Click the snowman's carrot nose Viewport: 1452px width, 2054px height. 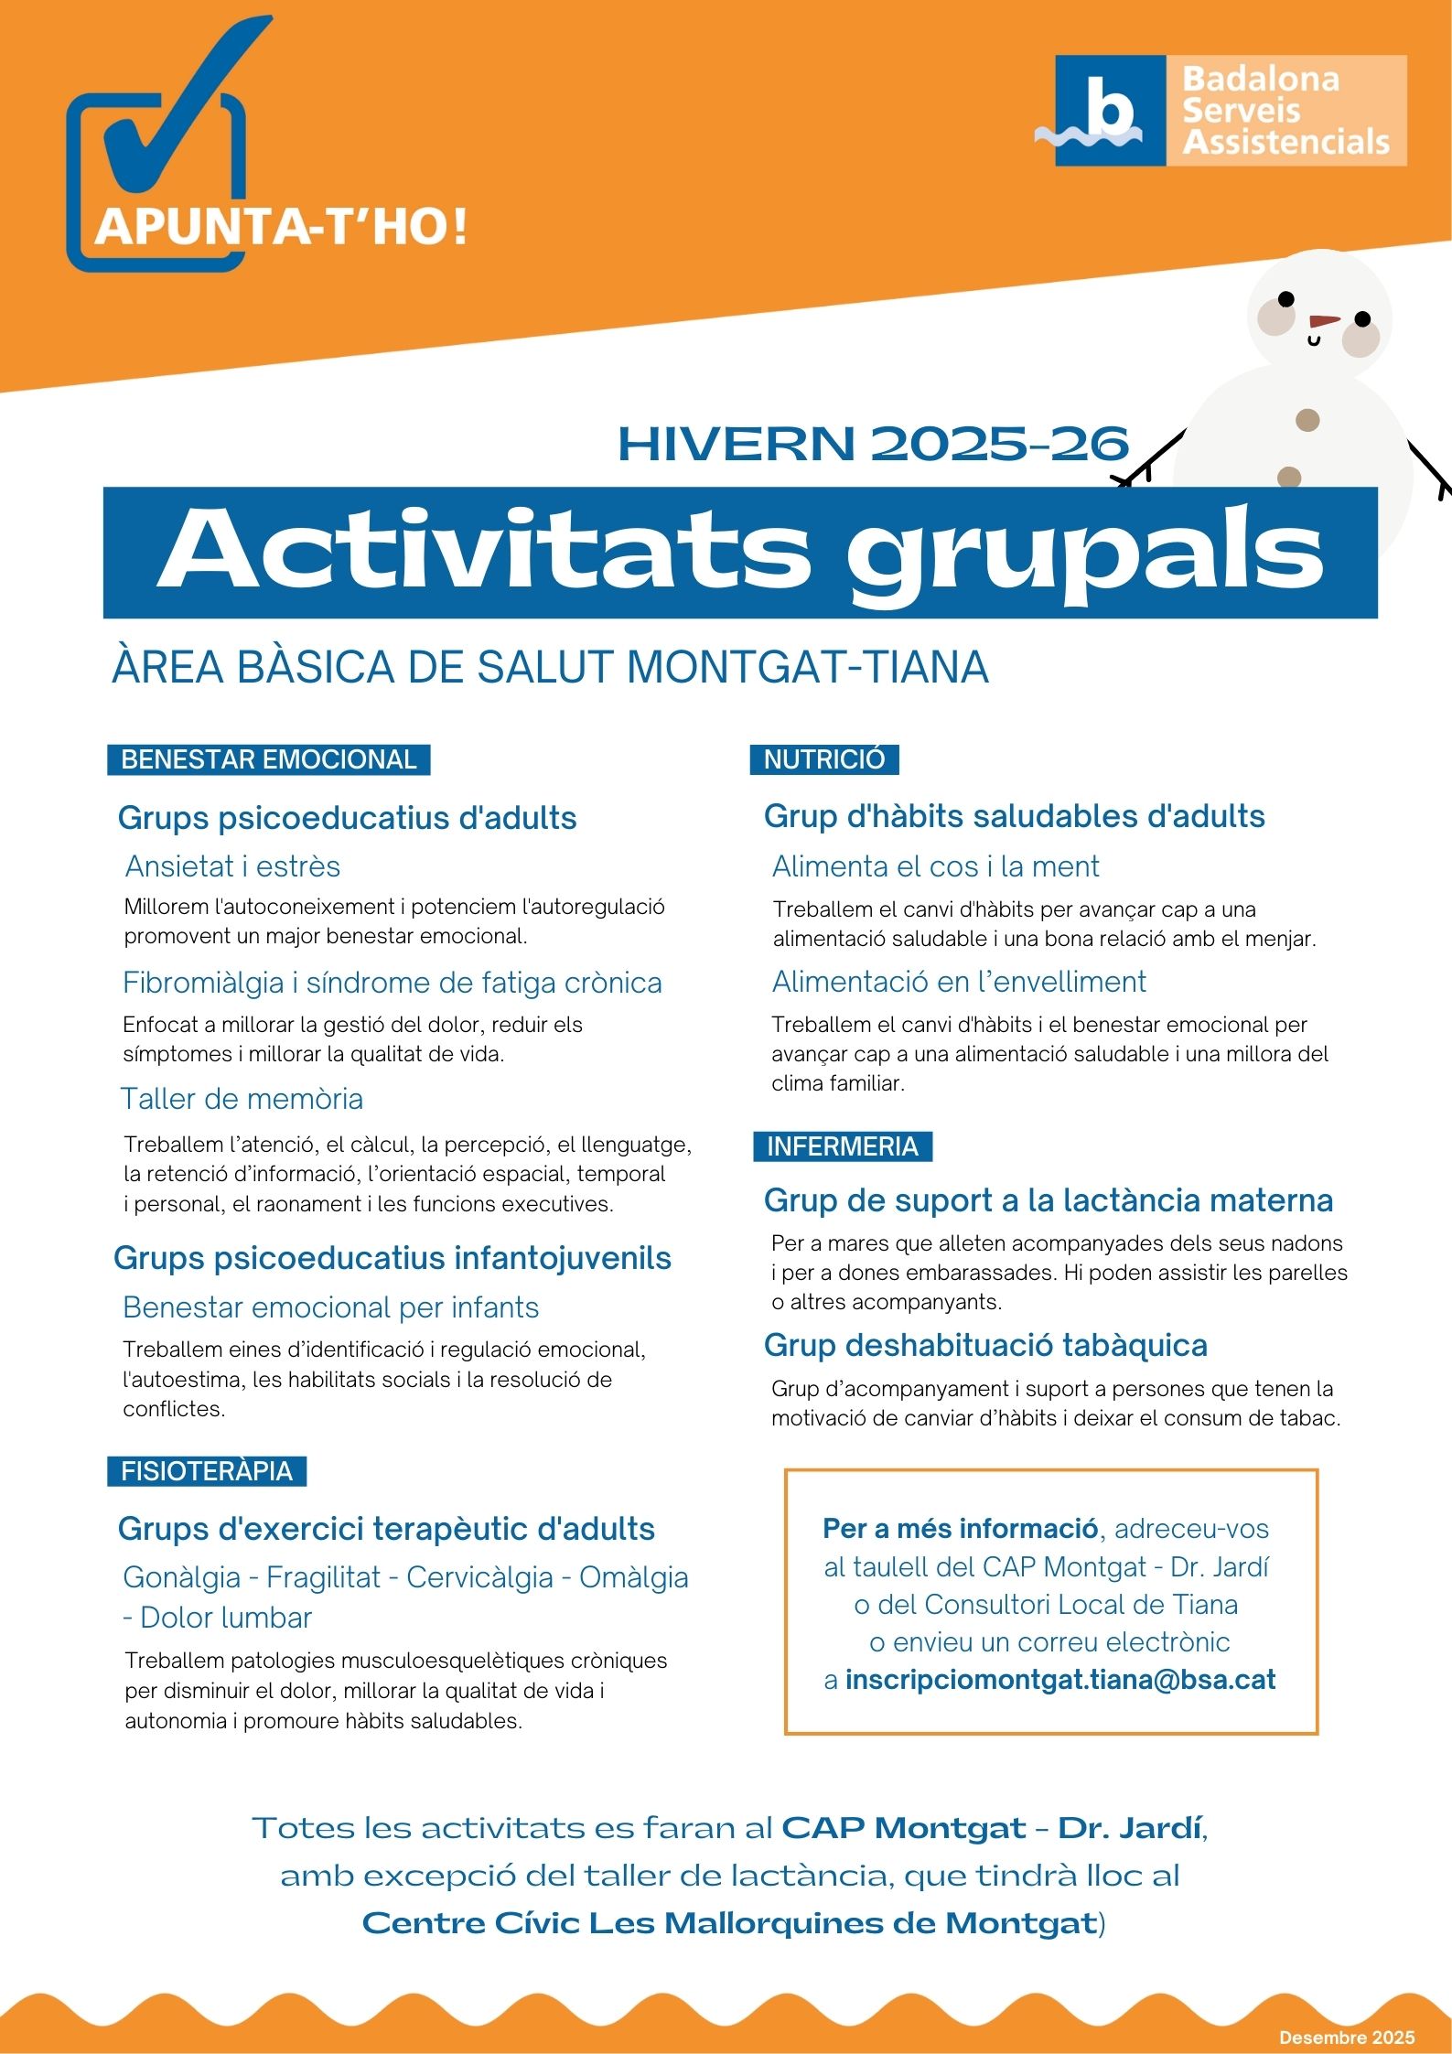tap(1323, 321)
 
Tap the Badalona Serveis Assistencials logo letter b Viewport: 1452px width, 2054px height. tap(1110, 105)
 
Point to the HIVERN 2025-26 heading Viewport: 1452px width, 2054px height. tap(873, 444)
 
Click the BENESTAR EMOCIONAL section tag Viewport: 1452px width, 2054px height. tap(268, 759)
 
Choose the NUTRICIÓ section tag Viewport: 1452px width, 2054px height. tap(823, 759)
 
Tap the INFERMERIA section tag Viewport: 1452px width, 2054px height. tap(842, 1146)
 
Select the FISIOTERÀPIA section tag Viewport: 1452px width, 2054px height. tap(207, 1471)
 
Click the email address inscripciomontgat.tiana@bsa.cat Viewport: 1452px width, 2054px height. tap(1059, 1680)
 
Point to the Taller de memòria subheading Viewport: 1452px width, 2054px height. tap(242, 1099)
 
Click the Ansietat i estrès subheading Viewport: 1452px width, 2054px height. tap(232, 866)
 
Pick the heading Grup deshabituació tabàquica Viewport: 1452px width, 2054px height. tap(985, 1345)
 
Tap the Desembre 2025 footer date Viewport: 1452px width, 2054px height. tap(1346, 2038)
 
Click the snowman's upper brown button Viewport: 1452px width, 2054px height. tap(1307, 420)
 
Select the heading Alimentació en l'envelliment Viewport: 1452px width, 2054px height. tap(958, 982)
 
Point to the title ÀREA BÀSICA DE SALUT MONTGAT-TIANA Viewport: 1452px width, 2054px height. tap(550, 667)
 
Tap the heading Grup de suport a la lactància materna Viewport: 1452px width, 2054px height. tap(1048, 1200)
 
